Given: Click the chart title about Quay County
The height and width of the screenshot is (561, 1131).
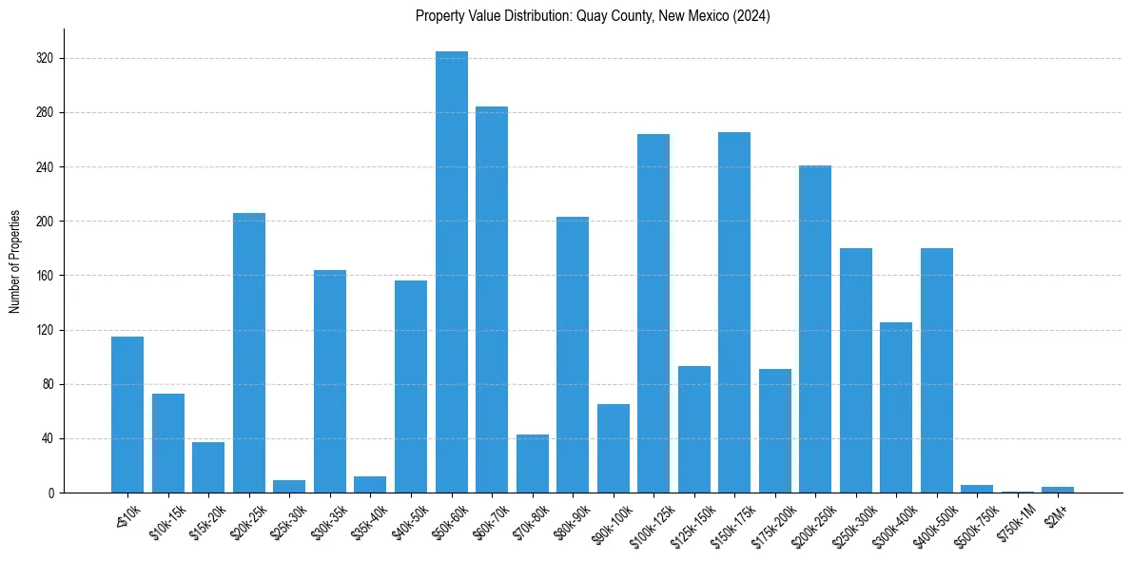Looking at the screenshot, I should (x=593, y=16).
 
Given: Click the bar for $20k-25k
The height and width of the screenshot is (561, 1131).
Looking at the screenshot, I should (x=249, y=353).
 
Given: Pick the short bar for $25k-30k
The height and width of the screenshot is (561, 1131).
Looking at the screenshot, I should (x=289, y=487).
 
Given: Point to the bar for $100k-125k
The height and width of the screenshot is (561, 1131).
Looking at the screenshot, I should (x=653, y=314).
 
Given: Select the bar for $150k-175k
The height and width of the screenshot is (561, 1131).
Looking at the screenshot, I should (x=734, y=313).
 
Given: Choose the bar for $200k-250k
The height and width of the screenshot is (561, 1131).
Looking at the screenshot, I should (x=815, y=329).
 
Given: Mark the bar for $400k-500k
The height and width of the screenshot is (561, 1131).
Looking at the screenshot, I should (x=937, y=371).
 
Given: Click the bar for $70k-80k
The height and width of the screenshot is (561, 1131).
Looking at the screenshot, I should (x=533, y=464).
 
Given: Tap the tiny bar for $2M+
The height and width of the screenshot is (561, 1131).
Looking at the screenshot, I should (x=1058, y=490).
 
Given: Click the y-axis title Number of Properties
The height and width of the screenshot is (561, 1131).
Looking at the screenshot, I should (x=15, y=261).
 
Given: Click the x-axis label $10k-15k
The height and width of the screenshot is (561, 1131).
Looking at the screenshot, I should (x=166, y=520).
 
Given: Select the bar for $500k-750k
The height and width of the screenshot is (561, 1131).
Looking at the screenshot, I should (x=977, y=489).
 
